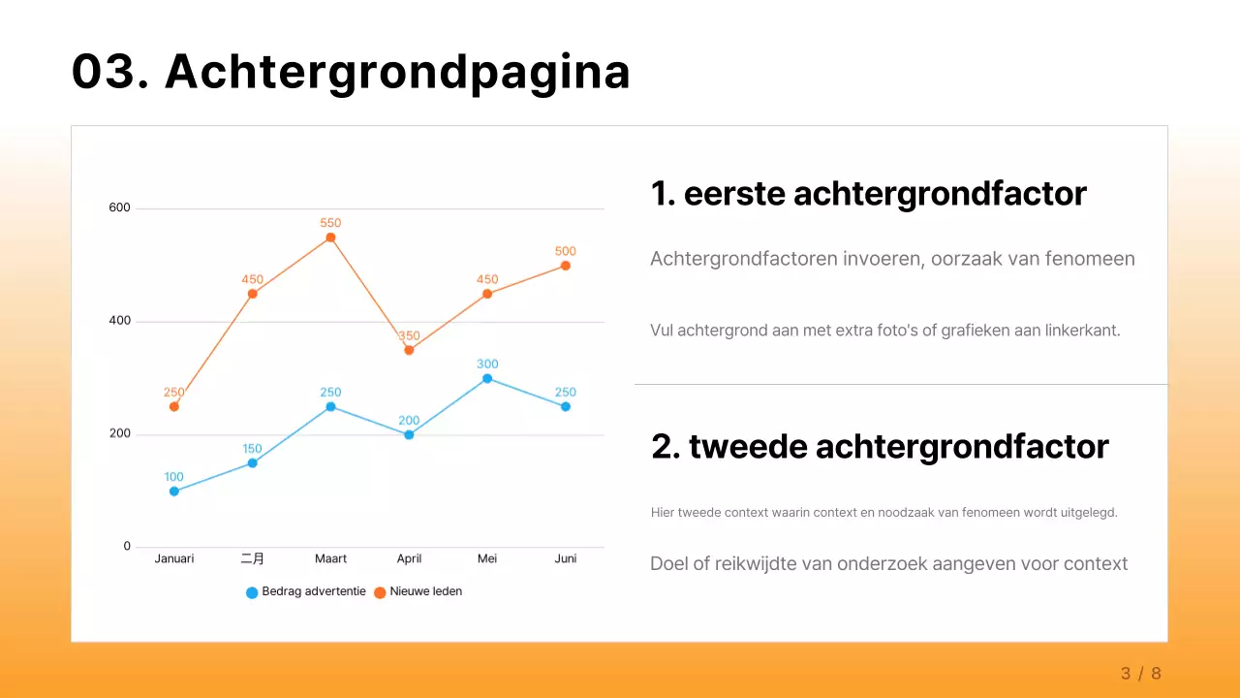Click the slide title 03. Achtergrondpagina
pos(351,72)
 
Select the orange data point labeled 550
pos(330,238)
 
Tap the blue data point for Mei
pos(487,378)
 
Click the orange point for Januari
pos(174,406)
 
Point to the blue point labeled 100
pos(174,492)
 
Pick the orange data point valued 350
pos(409,350)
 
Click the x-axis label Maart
pos(330,558)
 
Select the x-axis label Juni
pos(565,558)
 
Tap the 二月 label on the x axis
pos(252,558)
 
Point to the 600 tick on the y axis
pos(119,207)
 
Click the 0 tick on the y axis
pos(127,547)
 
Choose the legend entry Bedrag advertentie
pos(306,591)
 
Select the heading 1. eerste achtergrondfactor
pos(868,194)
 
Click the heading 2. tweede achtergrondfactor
pos(880,447)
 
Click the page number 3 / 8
pos(1140,673)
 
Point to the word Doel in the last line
pos(669,563)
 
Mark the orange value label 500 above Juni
pos(565,251)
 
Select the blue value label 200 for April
pos(409,421)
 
